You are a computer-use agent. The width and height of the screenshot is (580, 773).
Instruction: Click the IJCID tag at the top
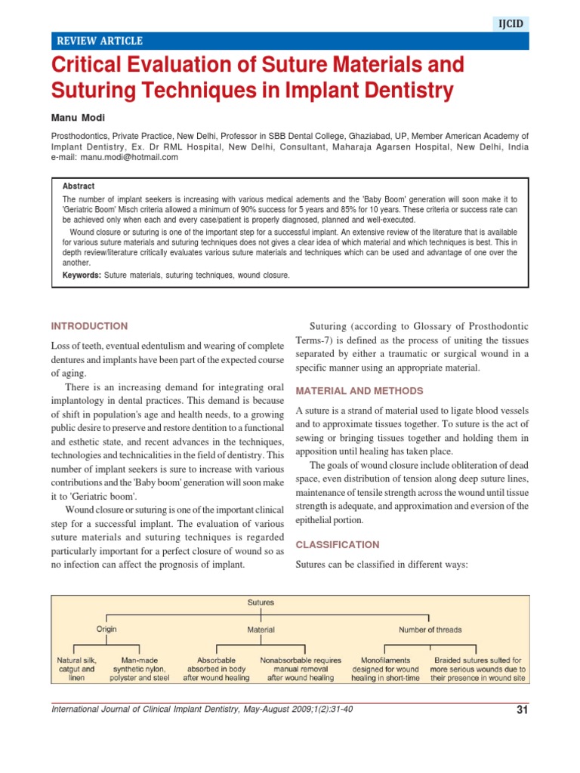pyautogui.click(x=511, y=24)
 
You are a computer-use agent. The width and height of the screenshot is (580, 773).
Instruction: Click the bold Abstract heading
pyautogui.click(x=79, y=186)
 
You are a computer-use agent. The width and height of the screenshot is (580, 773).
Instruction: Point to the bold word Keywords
pyautogui.click(x=82, y=276)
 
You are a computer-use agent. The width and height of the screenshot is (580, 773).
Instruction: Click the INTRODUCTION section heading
pyautogui.click(x=89, y=326)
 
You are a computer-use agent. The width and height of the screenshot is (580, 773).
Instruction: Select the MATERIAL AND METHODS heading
pyautogui.click(x=359, y=391)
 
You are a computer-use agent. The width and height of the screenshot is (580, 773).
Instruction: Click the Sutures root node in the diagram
pyautogui.click(x=261, y=602)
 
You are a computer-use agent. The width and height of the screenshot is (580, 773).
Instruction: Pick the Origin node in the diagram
pyautogui.click(x=106, y=628)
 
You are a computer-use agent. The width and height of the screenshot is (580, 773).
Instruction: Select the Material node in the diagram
pyautogui.click(x=261, y=629)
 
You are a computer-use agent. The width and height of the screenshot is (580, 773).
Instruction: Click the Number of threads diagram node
pyautogui.click(x=430, y=629)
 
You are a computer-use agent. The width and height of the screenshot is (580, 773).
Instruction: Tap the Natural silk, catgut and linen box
pyautogui.click(x=76, y=668)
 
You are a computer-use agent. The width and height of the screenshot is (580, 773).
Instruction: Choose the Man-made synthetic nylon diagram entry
pyautogui.click(x=139, y=668)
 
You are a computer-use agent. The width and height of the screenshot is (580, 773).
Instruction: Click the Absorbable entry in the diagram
pyautogui.click(x=217, y=668)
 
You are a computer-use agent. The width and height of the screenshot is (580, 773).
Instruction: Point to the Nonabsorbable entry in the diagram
pyautogui.click(x=301, y=668)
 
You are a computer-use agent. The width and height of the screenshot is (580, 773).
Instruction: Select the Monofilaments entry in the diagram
pyautogui.click(x=385, y=668)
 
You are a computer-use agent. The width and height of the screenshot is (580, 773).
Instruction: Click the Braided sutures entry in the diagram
pyautogui.click(x=477, y=668)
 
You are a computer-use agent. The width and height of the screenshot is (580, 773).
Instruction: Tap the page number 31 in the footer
pyautogui.click(x=521, y=709)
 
